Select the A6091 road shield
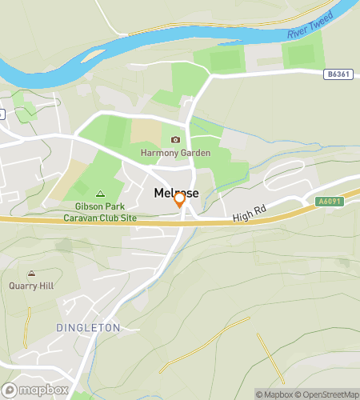coord(328,202)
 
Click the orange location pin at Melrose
coord(180,200)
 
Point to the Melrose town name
coord(176,193)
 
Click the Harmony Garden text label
coord(175,153)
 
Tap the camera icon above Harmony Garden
coord(175,139)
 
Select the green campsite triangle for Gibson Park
coord(100,193)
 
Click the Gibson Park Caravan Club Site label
coord(101,211)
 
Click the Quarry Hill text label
coord(31,286)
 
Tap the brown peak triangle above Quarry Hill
coord(31,274)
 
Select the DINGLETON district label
coord(88,328)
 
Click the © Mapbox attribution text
coord(274,394)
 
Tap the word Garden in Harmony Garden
coord(194,153)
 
